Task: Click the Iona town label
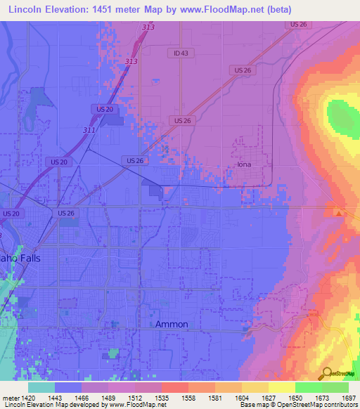(244, 164)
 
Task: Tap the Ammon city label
(172, 324)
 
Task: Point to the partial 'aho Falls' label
(20, 258)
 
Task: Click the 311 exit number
(89, 130)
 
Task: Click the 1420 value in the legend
(27, 397)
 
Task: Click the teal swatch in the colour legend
(41, 387)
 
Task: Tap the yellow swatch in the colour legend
(282, 387)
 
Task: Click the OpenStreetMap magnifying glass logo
(328, 373)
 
